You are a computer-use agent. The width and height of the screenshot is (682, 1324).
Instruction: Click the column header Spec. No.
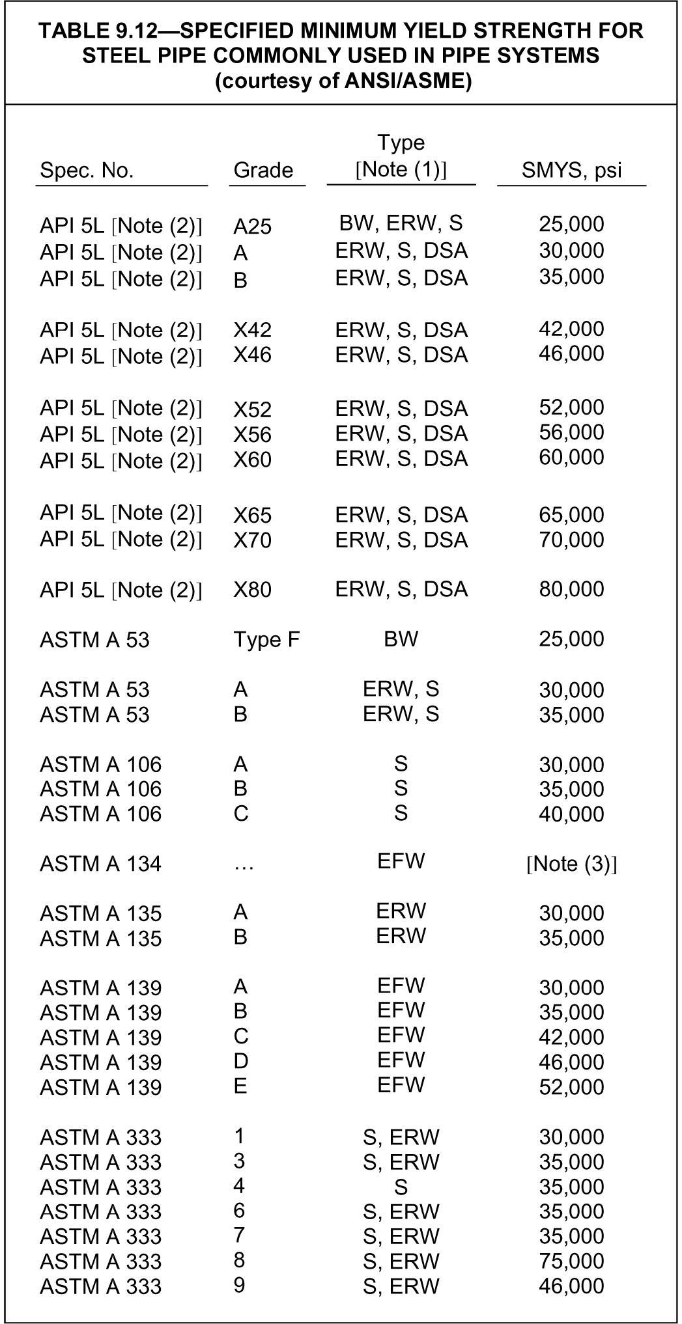tap(87, 171)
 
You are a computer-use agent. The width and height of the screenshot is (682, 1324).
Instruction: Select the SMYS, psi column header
tap(571, 171)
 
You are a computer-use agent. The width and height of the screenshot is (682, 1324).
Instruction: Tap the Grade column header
tap(263, 171)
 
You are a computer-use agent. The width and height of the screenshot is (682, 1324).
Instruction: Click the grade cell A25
tap(252, 227)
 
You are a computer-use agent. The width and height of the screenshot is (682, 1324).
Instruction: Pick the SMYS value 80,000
tap(571, 589)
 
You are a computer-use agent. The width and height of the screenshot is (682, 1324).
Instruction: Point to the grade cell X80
tap(252, 590)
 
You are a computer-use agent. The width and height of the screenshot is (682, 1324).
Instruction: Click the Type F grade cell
tap(266, 640)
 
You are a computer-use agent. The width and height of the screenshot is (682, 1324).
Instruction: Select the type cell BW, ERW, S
tap(401, 223)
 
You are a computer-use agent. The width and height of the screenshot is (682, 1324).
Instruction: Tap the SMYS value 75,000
tap(571, 1261)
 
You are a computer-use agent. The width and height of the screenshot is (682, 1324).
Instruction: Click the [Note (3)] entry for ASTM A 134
tap(571, 864)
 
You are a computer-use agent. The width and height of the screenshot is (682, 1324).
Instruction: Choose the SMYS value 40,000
tap(571, 814)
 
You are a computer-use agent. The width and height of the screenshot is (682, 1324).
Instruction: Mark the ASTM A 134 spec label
tap(100, 864)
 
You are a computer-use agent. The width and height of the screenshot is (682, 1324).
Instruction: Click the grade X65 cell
tap(252, 516)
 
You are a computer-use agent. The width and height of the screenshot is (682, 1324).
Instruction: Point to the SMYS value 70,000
tap(571, 540)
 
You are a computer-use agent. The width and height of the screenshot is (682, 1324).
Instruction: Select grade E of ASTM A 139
tap(240, 1086)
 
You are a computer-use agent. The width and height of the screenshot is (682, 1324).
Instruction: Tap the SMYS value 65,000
tap(571, 515)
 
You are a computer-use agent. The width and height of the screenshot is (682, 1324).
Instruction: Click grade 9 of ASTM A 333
tap(239, 1285)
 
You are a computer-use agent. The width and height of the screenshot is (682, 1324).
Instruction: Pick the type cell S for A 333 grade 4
tap(401, 1187)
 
